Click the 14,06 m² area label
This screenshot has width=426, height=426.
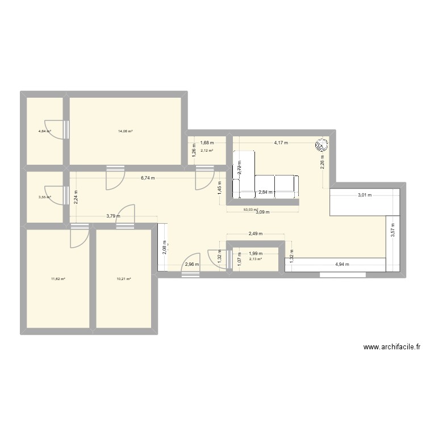[126, 131]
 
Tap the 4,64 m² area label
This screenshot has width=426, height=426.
[44, 131]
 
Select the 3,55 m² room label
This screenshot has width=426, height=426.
[44, 197]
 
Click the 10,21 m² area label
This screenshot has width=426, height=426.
[124, 279]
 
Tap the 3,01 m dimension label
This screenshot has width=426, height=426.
[364, 195]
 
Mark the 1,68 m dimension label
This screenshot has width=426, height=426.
[207, 143]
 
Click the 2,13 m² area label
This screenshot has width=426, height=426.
[256, 259]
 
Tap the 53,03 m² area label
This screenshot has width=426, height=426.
[250, 209]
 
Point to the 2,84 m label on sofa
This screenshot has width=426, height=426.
[266, 192]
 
